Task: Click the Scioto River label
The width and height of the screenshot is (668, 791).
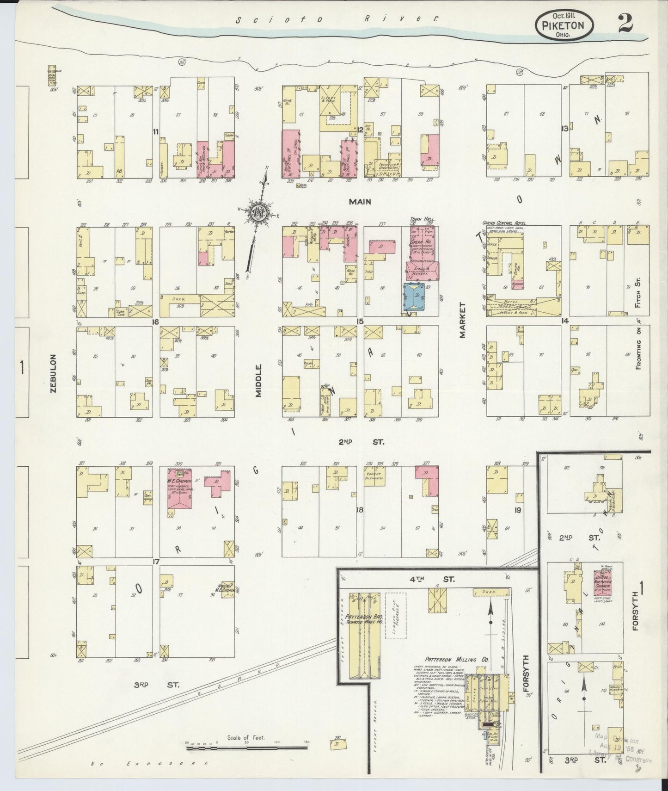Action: (x=336, y=19)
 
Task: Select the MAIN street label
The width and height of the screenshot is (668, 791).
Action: (x=360, y=202)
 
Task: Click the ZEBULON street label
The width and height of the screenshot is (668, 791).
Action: (x=54, y=374)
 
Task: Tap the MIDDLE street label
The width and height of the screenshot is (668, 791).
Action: (x=258, y=380)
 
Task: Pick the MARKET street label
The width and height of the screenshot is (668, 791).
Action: (x=462, y=320)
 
